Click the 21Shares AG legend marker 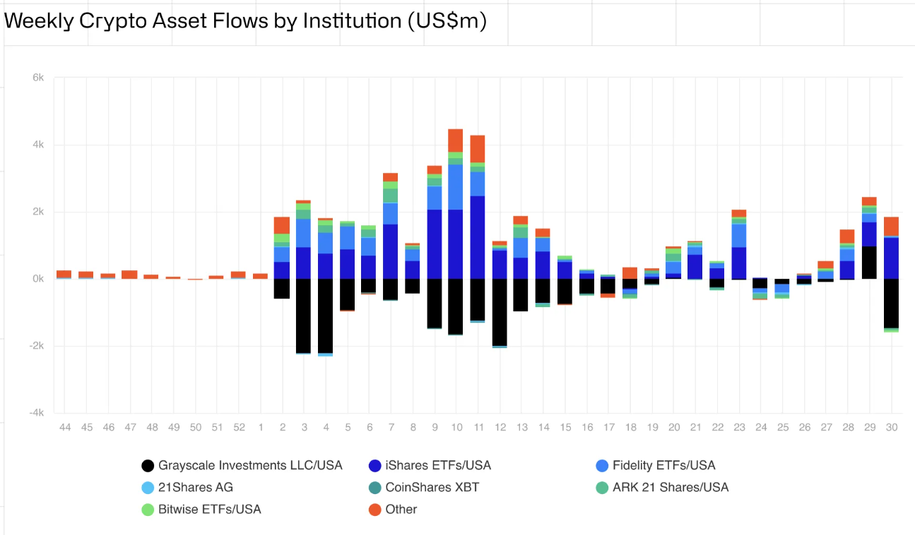coord(148,487)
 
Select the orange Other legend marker coord(375,509)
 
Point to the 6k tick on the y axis coord(38,78)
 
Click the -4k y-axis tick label coord(36,413)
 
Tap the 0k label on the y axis coord(38,279)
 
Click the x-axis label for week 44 coord(64,427)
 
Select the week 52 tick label coord(239,427)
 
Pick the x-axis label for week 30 coord(891,427)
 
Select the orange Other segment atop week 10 coord(456,140)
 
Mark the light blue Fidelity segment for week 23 coord(739,236)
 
